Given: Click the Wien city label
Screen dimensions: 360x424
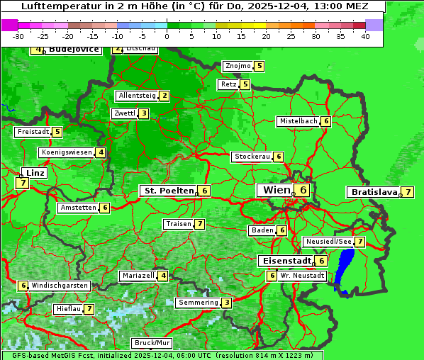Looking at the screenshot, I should point(277,190).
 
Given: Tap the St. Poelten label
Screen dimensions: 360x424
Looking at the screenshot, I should point(167,191).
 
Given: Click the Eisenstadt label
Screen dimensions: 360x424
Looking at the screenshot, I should point(284,260).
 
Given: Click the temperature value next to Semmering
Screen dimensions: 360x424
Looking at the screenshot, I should point(226,303).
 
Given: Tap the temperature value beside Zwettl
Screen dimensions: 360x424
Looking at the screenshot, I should point(143,113).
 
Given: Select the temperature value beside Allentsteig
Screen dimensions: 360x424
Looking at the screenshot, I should point(164,96).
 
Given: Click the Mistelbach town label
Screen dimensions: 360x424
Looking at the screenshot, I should point(298,121).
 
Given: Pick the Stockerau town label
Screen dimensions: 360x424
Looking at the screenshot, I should point(252,157).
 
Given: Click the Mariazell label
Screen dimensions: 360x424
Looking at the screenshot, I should point(138,275).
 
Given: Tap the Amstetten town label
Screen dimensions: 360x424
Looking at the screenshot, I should point(78,208).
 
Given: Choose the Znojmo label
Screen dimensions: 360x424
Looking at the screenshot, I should point(238,66).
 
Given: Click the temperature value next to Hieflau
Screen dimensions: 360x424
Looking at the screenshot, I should point(89,309).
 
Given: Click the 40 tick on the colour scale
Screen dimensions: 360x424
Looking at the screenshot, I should point(365,36).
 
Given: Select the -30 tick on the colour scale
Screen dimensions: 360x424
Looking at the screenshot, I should point(18,36).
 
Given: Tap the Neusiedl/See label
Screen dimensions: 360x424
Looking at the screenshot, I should point(328,242).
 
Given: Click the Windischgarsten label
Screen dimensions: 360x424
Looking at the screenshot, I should point(60,285).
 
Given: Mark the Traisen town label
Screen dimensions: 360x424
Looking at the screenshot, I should point(178,224).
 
